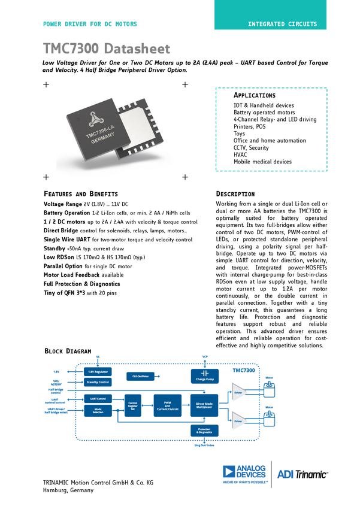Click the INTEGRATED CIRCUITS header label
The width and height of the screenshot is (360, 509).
tap(283, 25)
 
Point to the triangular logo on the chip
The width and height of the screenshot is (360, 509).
tap(95, 118)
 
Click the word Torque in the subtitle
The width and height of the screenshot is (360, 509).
tap(313, 62)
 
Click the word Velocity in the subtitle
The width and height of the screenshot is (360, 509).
tap(65, 70)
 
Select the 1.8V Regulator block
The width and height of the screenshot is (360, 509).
tap(97, 372)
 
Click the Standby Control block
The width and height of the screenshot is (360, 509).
tap(97, 381)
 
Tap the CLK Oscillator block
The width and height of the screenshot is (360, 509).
tap(140, 376)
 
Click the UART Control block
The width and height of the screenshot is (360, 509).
tap(97, 398)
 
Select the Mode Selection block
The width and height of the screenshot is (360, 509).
tap(97, 410)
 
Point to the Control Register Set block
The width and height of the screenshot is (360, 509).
tap(132, 405)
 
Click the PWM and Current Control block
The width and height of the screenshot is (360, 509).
tap(167, 405)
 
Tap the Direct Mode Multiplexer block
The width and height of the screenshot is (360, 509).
tap(204, 405)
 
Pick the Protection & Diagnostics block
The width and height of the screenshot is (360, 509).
tap(204, 431)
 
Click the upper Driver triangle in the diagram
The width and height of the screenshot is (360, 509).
tap(238, 393)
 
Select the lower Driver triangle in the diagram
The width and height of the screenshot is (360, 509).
tap(238, 421)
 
